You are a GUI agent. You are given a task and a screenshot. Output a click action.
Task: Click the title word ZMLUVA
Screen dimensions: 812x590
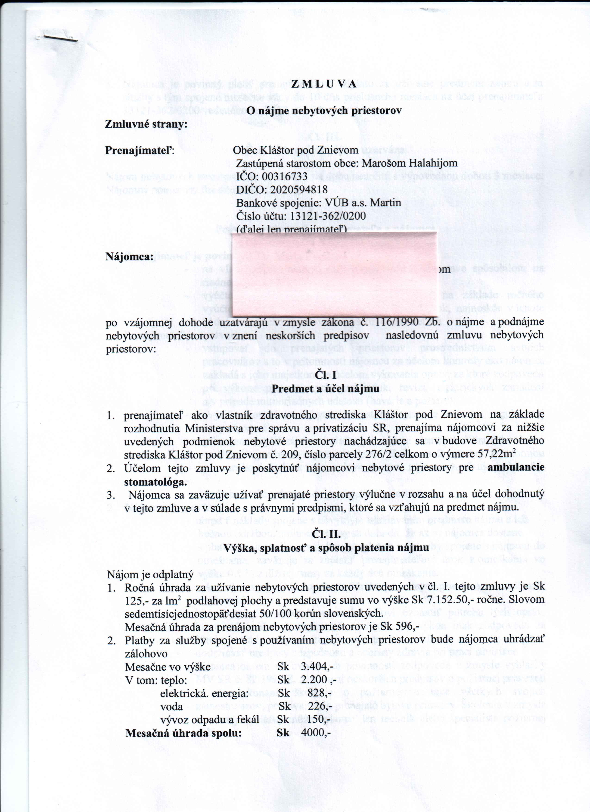click(x=324, y=84)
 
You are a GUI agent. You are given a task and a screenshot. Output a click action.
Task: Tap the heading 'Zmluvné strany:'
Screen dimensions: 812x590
click(x=146, y=124)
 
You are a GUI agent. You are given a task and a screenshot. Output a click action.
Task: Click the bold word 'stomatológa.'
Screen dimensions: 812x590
click(x=155, y=482)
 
